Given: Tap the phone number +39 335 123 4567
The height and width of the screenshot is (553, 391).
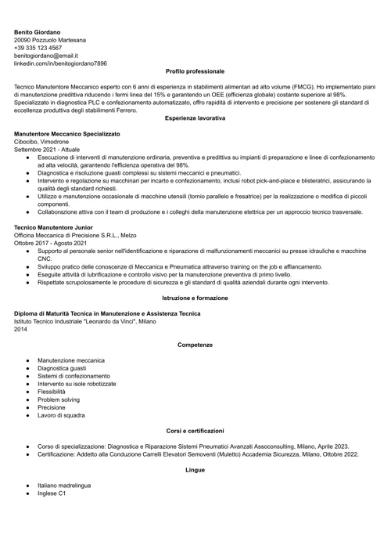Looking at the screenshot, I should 38,47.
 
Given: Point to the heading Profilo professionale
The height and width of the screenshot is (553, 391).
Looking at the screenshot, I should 195,71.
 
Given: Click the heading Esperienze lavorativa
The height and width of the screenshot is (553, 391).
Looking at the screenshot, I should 195,117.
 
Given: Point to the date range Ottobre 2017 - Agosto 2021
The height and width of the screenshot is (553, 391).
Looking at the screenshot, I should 50,243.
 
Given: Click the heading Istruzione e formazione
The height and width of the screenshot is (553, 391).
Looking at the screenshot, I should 195,298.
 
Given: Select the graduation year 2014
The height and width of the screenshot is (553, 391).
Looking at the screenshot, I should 22,329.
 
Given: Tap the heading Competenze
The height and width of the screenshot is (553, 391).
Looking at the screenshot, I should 195,345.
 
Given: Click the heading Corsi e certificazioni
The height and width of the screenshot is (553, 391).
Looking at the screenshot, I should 195,430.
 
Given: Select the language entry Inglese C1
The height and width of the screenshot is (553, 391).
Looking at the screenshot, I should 52,493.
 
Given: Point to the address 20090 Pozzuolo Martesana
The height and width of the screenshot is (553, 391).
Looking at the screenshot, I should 50,39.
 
